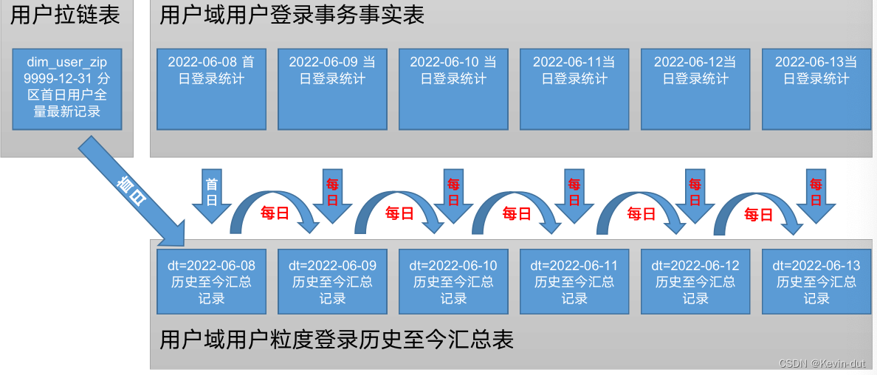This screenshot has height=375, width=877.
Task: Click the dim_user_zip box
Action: pyautogui.click(x=67, y=89)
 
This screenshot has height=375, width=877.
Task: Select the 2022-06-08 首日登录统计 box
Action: pyautogui.click(x=211, y=89)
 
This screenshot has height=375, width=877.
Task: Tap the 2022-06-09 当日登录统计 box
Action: pyautogui.click(x=332, y=89)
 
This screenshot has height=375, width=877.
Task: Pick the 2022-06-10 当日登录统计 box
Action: pyautogui.click(x=453, y=89)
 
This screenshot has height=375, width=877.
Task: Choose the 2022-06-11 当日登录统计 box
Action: pyautogui.click(x=574, y=89)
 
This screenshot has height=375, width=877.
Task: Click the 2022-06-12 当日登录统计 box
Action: pyautogui.click(x=695, y=89)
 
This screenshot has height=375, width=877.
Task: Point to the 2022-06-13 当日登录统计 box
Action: pyautogui.click(x=816, y=89)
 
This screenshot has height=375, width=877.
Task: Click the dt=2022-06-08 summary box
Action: pyautogui.click(x=211, y=281)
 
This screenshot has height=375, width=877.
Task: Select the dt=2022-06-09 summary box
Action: pyautogui.click(x=332, y=281)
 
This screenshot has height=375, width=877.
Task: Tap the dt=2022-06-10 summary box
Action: pyautogui.click(x=453, y=281)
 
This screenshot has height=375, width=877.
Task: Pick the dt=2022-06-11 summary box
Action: pyautogui.click(x=574, y=281)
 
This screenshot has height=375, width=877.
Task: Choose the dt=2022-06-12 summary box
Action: pyautogui.click(x=695, y=281)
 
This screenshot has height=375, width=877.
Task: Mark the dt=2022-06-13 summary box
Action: pyautogui.click(x=816, y=281)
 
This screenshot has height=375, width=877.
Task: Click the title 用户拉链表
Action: pyautogui.click(x=66, y=15)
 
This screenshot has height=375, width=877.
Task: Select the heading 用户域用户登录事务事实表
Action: pyautogui.click(x=292, y=15)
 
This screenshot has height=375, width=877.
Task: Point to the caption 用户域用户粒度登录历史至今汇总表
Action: pyautogui.click(x=337, y=340)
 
